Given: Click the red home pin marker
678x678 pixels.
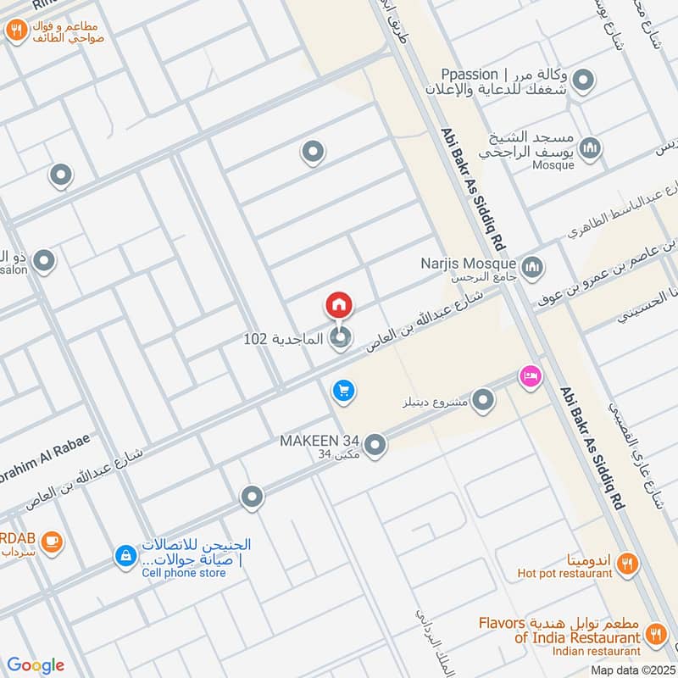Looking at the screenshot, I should point(339,305).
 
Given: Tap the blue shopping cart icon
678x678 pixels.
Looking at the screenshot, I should point(343,391).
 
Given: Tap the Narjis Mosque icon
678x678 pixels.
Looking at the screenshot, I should point(532,269).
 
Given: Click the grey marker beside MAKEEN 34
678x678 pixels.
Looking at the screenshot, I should point(375,444).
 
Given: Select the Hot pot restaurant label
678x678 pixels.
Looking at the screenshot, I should point(564,573).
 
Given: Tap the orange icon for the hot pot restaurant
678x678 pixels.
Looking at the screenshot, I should point(627,563).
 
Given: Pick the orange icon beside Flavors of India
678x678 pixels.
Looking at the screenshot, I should point(655,632).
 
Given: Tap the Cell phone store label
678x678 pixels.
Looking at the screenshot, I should point(183,573).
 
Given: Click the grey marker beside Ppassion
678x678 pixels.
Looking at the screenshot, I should point(583,82).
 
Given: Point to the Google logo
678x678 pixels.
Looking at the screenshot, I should point(36,664).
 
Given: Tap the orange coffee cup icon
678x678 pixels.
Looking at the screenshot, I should point(52,540).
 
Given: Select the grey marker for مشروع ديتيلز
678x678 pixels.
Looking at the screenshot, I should point(483,400).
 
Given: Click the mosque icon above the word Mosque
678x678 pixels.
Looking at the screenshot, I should point(591,147).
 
